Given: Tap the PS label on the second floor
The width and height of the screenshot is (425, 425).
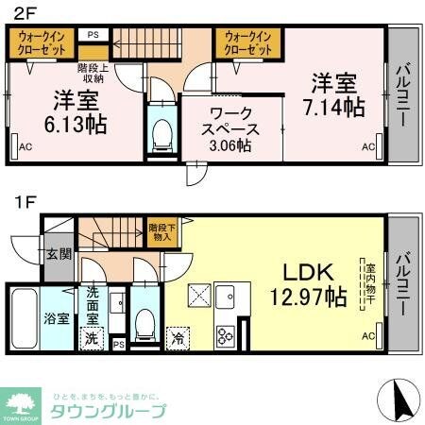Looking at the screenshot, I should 93,35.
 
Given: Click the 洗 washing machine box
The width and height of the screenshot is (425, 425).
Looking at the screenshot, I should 92,337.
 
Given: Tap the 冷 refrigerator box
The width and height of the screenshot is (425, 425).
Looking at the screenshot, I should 177,337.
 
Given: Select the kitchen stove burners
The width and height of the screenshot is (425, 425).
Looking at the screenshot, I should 227,334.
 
